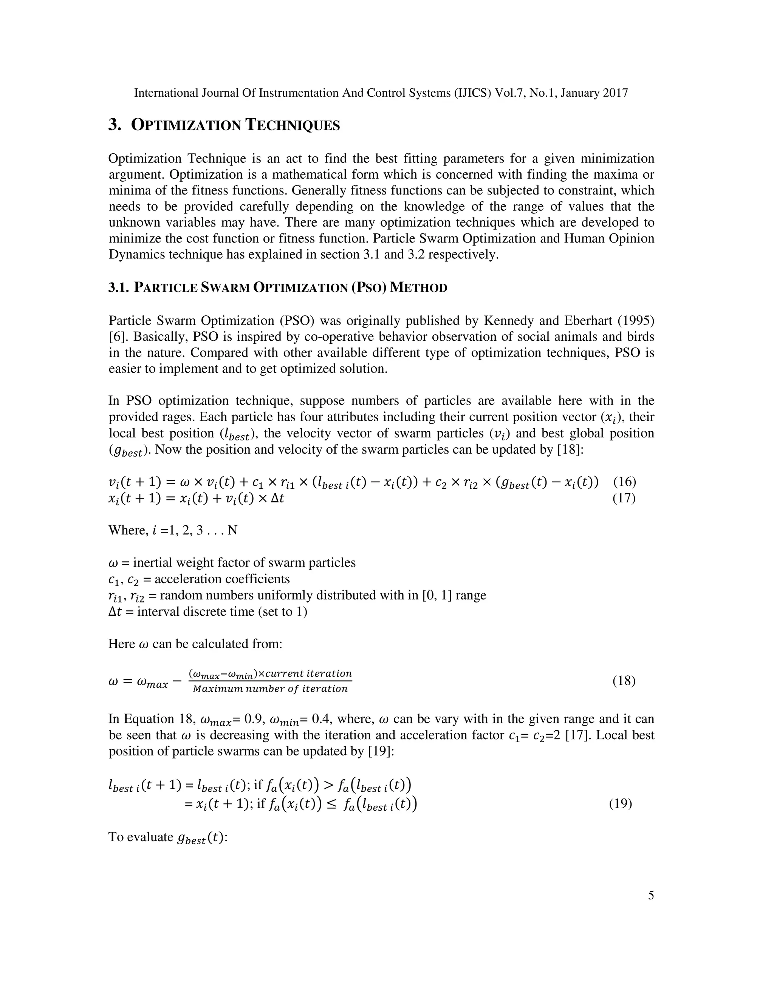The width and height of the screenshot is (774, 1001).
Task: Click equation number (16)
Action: pyautogui.click(x=624, y=482)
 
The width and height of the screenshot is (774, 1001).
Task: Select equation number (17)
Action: pyautogui.click(x=624, y=498)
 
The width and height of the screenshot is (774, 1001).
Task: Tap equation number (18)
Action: pyautogui.click(x=624, y=681)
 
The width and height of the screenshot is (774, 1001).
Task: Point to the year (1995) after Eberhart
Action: pyautogui.click(x=636, y=321)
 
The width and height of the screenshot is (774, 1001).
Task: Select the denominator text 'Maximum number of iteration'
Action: pyautogui.click(x=270, y=689)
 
